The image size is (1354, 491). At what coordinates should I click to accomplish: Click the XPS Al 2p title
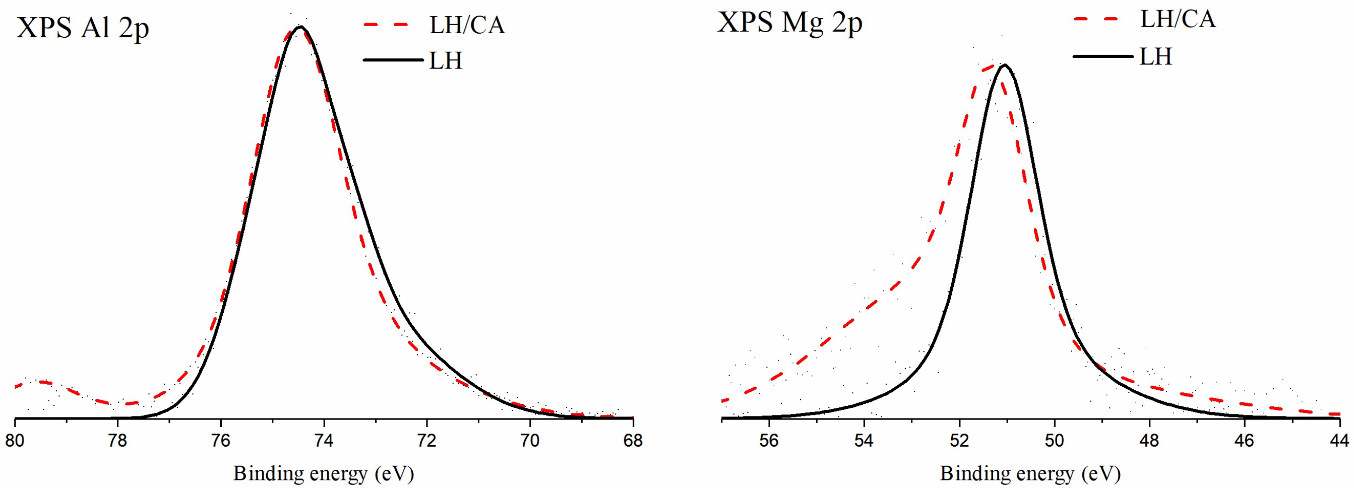click(83, 27)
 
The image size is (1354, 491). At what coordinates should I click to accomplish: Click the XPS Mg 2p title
click(789, 23)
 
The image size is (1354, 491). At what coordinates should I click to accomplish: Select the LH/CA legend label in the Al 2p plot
click(467, 25)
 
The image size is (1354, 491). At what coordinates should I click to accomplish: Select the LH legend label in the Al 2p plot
click(446, 61)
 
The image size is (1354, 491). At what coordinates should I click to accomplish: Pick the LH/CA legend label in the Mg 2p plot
click(1178, 20)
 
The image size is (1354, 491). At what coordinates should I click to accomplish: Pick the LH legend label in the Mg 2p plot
click(1156, 57)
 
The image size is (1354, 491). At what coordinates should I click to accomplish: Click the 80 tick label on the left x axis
click(15, 441)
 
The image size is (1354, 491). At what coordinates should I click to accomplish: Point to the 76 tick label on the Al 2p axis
click(221, 441)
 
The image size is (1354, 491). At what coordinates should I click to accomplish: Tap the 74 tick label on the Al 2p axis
click(324, 441)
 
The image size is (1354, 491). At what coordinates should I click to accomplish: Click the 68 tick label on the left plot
click(633, 441)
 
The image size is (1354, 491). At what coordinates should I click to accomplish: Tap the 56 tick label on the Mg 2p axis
click(769, 441)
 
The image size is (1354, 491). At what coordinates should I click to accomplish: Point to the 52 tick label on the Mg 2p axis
click(959, 441)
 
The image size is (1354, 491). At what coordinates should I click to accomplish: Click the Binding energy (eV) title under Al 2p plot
click(324, 474)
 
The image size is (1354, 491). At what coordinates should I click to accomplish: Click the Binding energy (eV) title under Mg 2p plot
click(1030, 474)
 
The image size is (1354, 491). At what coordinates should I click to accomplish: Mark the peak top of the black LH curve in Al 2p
click(300, 27)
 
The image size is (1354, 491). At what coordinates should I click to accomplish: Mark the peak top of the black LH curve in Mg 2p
click(1005, 65)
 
